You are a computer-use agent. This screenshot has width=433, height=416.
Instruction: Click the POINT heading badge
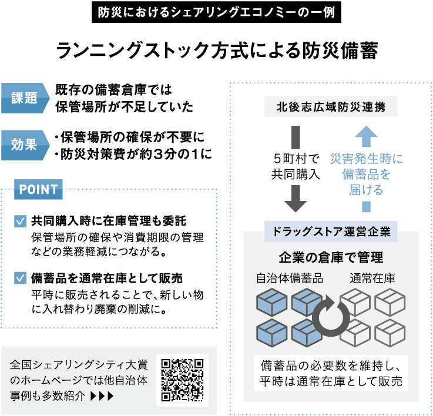pyautogui.click(x=39, y=189)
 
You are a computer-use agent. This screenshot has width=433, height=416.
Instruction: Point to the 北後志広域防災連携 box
pyautogui.click(x=331, y=107)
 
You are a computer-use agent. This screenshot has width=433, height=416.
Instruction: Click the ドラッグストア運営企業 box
pyautogui.click(x=331, y=231)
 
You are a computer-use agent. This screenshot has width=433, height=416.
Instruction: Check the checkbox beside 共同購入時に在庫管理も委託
pyautogui.click(x=20, y=222)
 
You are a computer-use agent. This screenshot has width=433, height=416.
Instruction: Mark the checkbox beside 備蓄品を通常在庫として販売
pyautogui.click(x=20, y=277)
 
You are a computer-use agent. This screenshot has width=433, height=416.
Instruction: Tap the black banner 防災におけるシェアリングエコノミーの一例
pyautogui.click(x=216, y=12)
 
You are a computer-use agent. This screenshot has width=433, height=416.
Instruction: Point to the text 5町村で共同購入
pyautogui.click(x=296, y=166)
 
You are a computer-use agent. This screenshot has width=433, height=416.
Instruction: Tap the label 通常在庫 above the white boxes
pyautogui.click(x=372, y=279)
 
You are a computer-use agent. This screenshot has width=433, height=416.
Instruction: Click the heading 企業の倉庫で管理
pyautogui.click(x=331, y=257)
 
